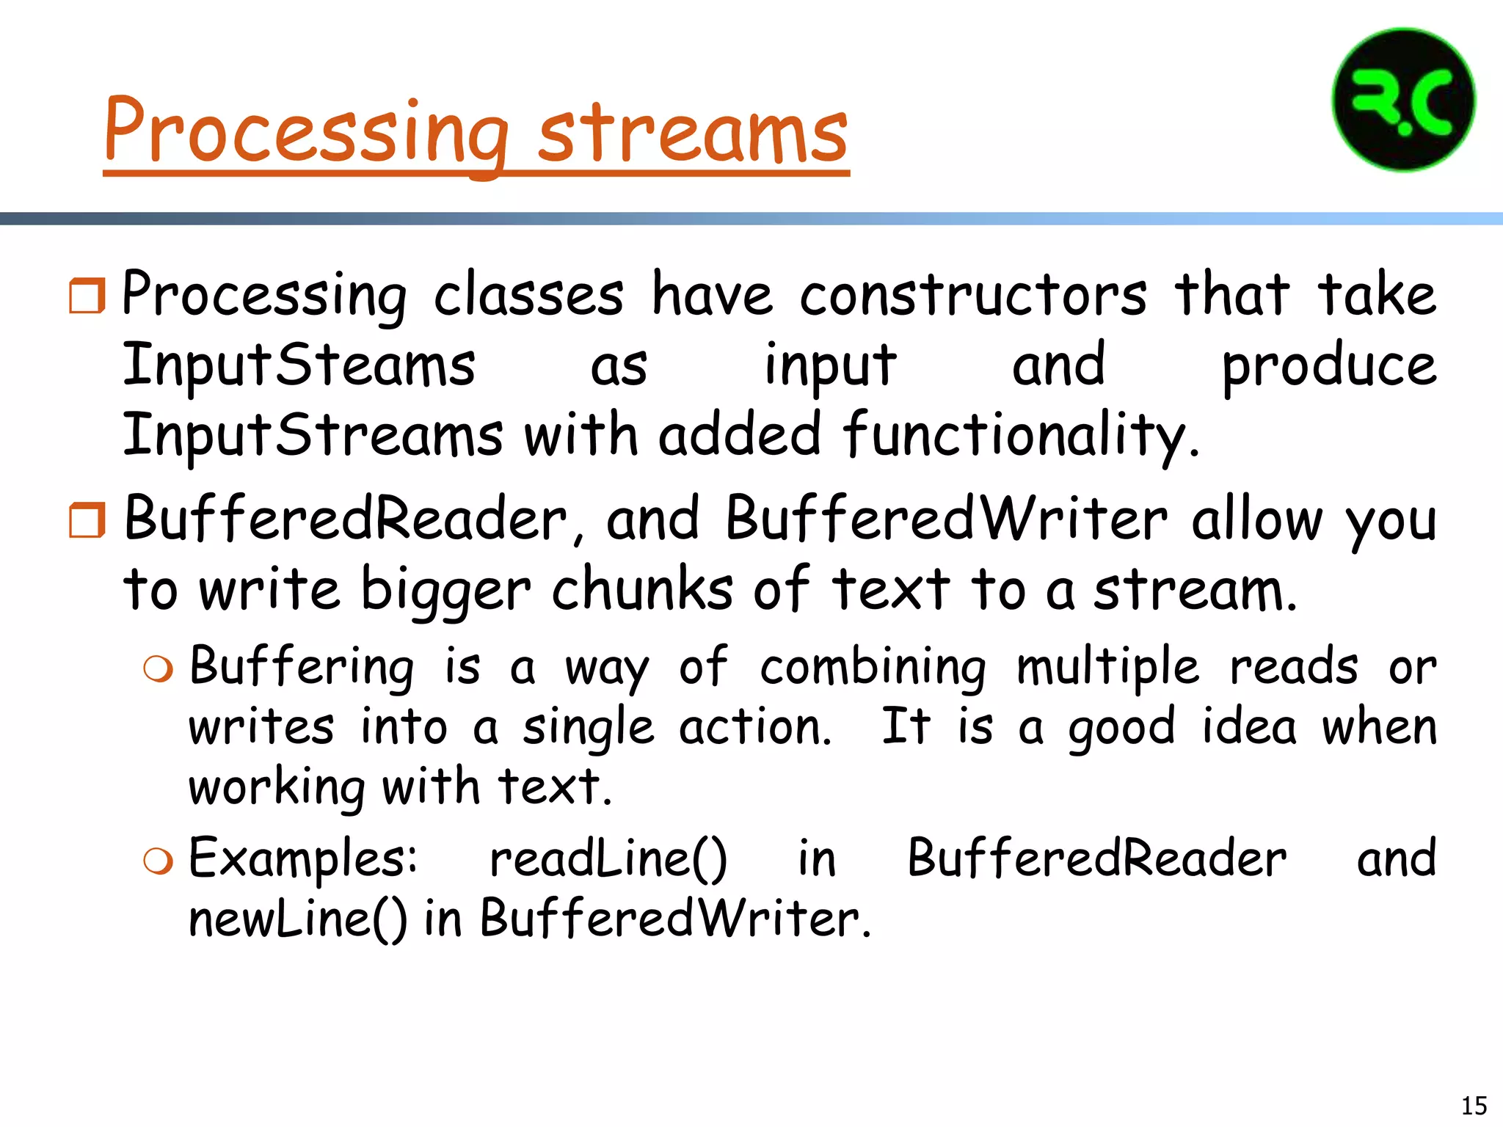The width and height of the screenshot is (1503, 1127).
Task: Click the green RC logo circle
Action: coord(1403,100)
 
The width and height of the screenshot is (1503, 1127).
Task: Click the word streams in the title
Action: coord(693,132)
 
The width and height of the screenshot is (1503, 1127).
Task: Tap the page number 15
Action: coord(1474,1105)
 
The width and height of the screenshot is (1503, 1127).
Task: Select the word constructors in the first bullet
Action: coord(972,295)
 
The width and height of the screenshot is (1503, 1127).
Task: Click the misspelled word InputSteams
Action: coord(299,365)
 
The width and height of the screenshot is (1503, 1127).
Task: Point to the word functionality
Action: coord(1020,434)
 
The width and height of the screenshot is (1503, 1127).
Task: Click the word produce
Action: coord(1328,365)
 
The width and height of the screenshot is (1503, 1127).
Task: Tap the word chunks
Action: coord(642,589)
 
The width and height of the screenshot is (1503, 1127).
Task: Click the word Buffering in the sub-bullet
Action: coord(301,668)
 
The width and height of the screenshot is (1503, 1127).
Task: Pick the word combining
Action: coord(873,668)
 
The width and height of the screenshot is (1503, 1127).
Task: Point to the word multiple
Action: coord(1108,668)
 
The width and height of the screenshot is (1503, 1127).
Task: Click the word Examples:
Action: coord(303,858)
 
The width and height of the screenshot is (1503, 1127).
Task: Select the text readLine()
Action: coord(608,858)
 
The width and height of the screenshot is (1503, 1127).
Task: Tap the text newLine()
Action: coord(297,919)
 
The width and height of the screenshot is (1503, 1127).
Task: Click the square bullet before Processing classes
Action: coord(87,296)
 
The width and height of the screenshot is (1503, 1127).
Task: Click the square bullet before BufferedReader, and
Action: coord(87,520)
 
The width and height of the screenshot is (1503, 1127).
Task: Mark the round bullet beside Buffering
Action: coord(159,669)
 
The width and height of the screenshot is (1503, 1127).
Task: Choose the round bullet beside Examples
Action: coord(159,861)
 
